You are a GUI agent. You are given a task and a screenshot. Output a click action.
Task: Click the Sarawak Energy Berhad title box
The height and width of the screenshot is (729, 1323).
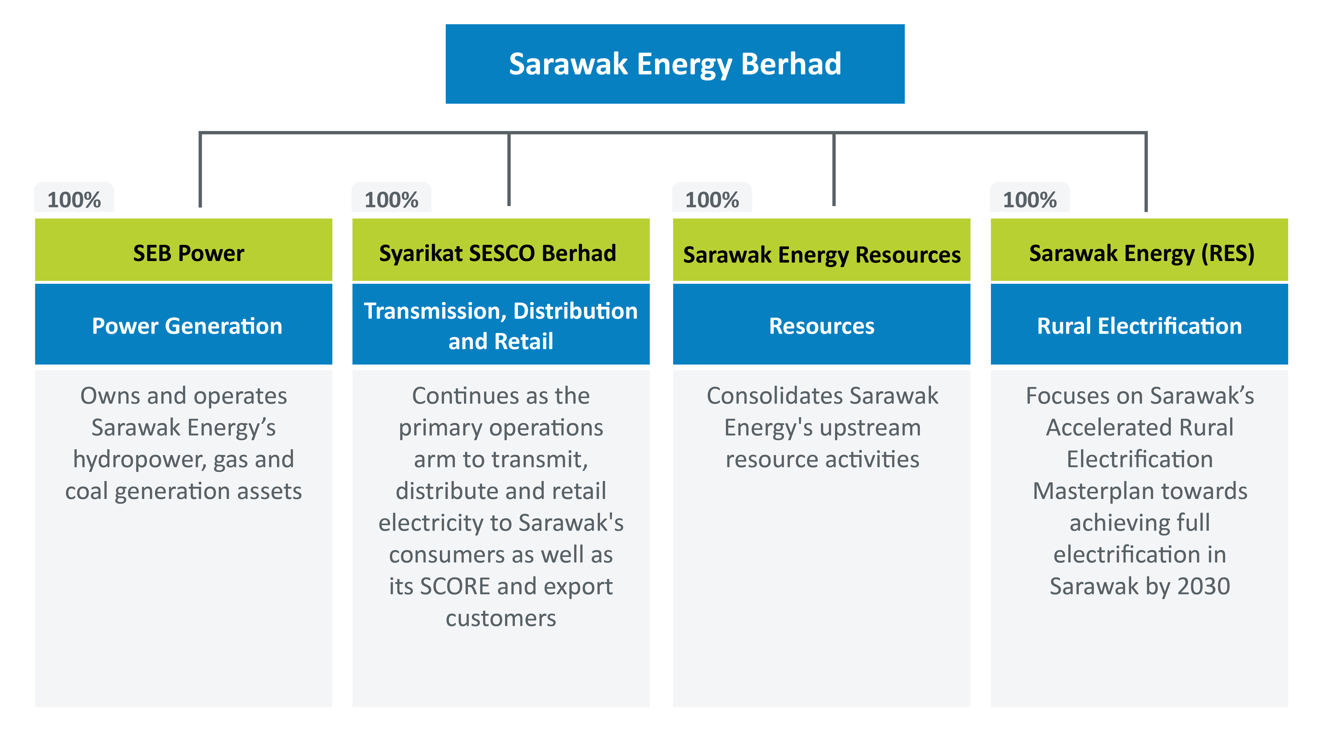click(x=675, y=64)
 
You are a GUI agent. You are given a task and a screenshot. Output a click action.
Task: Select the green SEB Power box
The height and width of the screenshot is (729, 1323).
click(x=183, y=250)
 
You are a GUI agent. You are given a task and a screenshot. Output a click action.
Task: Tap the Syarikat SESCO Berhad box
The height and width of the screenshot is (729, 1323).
click(x=501, y=250)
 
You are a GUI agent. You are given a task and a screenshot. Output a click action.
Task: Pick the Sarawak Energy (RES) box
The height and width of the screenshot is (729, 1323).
click(x=1139, y=250)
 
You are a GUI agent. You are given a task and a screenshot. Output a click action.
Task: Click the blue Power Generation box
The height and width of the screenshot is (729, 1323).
click(x=183, y=324)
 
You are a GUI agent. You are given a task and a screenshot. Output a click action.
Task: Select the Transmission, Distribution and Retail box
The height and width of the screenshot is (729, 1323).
click(x=501, y=324)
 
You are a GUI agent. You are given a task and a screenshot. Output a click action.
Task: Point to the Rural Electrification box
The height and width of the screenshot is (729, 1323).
click(x=1139, y=324)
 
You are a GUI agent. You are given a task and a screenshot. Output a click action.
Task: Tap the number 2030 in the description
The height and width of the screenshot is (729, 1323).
click(x=1204, y=586)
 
